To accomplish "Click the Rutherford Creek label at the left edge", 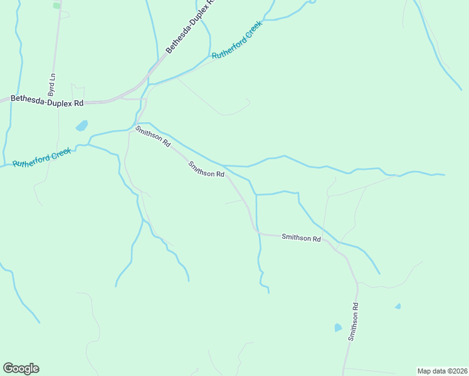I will [39, 157].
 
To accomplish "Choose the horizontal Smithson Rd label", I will [301, 238].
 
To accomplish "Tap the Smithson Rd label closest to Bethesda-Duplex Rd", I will [153, 136].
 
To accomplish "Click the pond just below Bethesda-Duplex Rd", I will [82, 126].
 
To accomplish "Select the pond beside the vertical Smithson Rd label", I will [338, 328].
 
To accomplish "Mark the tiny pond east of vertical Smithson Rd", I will [398, 306].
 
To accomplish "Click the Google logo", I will [21, 368].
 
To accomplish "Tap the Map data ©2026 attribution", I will [442, 371].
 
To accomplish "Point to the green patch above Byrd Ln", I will [56, 5].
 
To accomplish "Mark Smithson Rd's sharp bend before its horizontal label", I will [255, 231].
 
